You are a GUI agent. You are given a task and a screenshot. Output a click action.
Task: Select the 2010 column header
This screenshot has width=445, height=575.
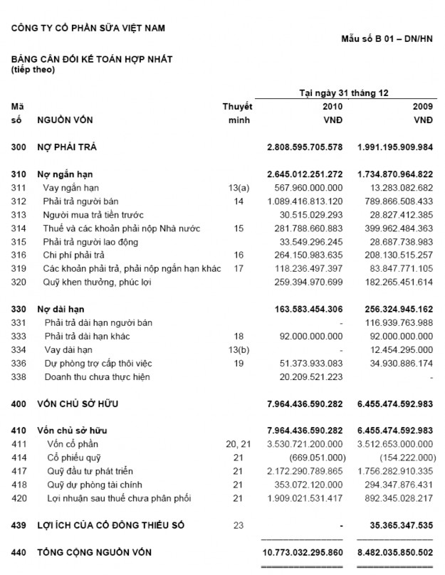point(333,106)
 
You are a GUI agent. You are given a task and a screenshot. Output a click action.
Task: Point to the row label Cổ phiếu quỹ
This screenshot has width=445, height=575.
point(70,458)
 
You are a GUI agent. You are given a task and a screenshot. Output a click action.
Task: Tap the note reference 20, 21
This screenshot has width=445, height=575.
point(236,445)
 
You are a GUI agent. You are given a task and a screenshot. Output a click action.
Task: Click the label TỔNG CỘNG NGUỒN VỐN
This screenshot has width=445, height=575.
point(94,552)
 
